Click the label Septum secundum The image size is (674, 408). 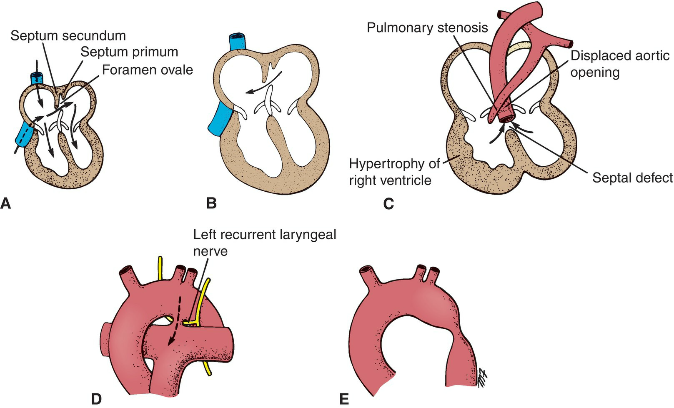pos(68,35)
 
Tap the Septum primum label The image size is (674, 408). pos(129,52)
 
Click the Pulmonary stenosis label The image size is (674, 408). pos(427,28)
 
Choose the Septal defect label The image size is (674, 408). pos(632,178)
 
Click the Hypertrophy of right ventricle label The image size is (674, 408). pos(394,172)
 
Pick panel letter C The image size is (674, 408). pos(388,204)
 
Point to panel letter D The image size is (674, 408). pos(96,399)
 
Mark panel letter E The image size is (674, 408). pos(344,399)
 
